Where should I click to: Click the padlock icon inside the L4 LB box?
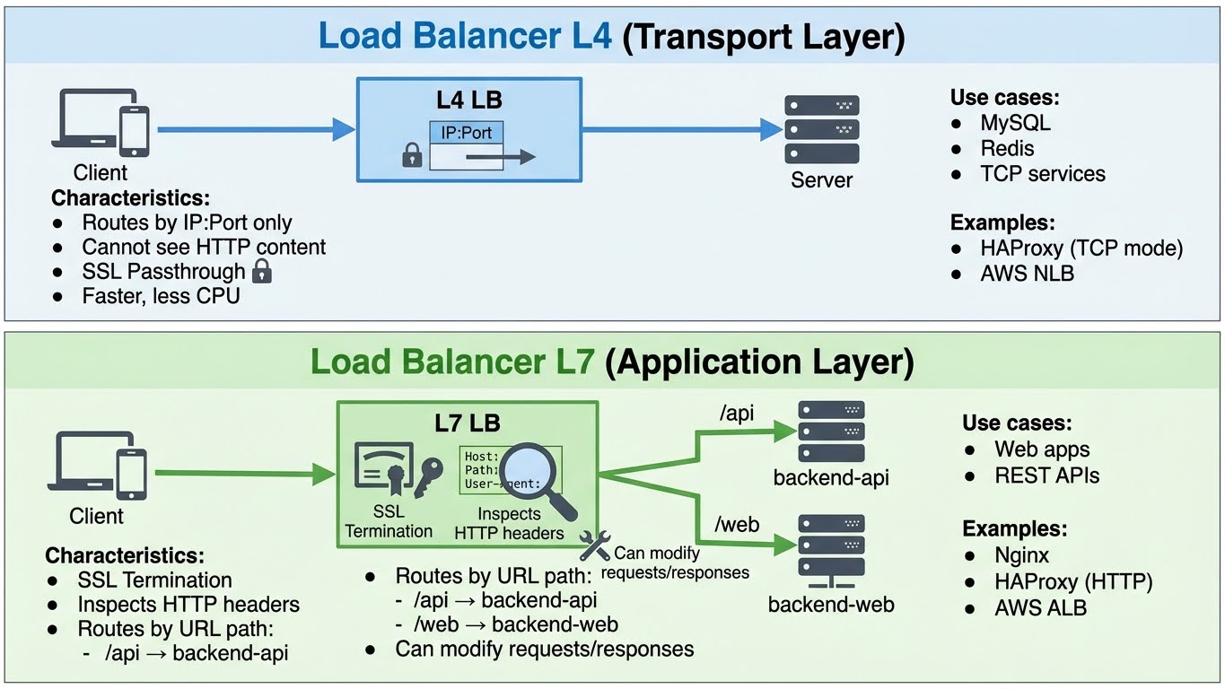click(x=412, y=156)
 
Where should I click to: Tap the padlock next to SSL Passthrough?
click(x=262, y=270)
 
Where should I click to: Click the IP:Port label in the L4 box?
click(x=467, y=133)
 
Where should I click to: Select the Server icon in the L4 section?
click(x=821, y=129)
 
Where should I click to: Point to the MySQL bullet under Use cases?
click(x=1014, y=123)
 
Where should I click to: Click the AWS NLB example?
click(x=1026, y=273)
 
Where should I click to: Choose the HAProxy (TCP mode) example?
click(x=1081, y=248)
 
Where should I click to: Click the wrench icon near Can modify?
click(x=595, y=545)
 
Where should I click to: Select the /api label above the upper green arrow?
click(x=736, y=413)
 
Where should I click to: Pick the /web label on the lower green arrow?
click(x=737, y=524)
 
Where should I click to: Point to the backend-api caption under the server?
click(x=830, y=477)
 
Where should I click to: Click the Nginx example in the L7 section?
click(x=1021, y=554)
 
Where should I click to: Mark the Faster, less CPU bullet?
click(x=161, y=295)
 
